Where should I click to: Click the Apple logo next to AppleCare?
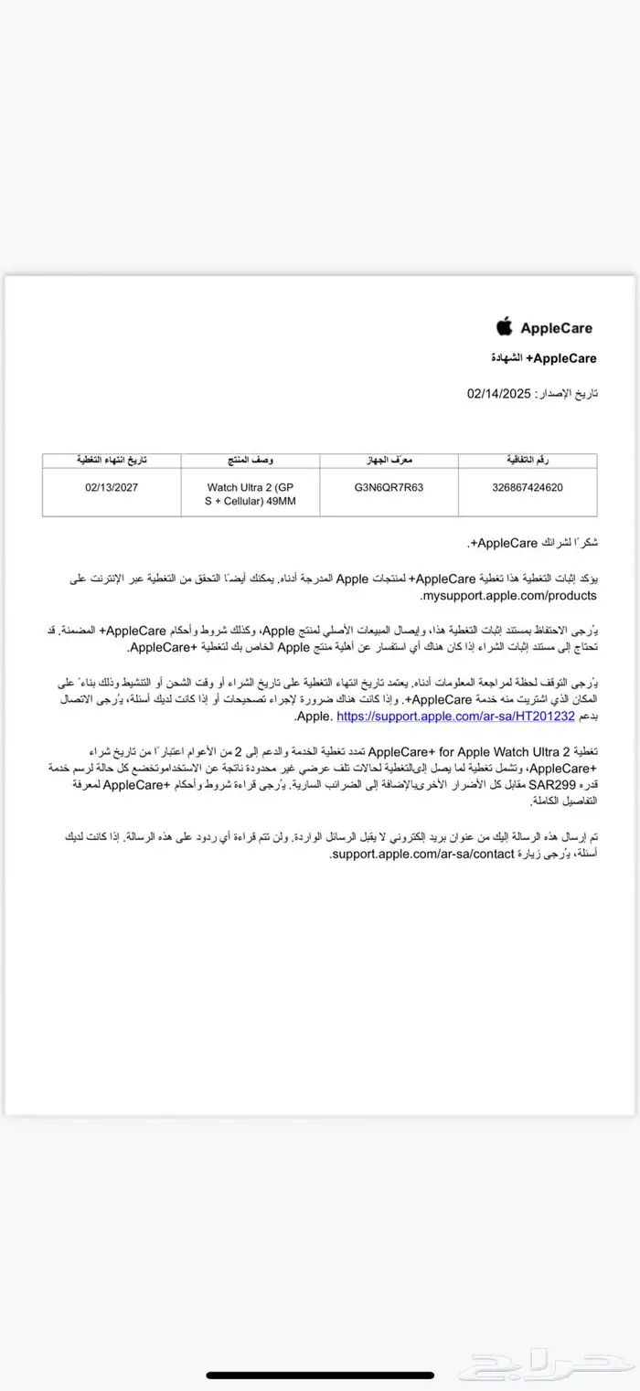click(x=504, y=327)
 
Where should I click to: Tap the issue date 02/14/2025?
click(x=498, y=393)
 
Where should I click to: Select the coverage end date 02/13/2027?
click(x=111, y=487)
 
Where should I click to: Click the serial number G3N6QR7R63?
click(x=389, y=487)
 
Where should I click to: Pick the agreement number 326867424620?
click(x=528, y=487)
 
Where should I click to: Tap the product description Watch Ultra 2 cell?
click(x=250, y=494)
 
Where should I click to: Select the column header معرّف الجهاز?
click(x=389, y=460)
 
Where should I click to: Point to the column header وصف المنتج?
click(x=250, y=460)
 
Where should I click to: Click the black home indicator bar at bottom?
click(x=319, y=1375)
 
